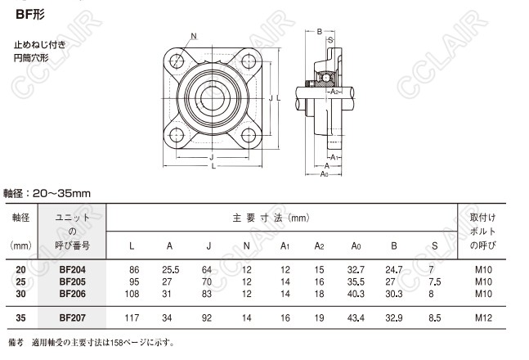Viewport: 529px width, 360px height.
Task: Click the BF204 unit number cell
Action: (x=72, y=270)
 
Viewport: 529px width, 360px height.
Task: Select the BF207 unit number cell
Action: (x=72, y=317)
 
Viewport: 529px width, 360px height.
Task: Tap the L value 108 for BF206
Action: (x=132, y=294)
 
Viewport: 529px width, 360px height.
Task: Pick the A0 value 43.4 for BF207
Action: (x=356, y=317)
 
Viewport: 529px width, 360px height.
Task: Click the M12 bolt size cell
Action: (x=483, y=317)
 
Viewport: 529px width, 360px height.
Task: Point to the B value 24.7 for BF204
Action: (x=394, y=270)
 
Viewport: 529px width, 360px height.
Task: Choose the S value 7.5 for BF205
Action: (x=435, y=281)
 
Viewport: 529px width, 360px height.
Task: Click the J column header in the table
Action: (x=208, y=245)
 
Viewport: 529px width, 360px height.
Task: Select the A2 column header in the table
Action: (x=319, y=245)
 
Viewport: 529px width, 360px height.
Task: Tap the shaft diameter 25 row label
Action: (x=20, y=281)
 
